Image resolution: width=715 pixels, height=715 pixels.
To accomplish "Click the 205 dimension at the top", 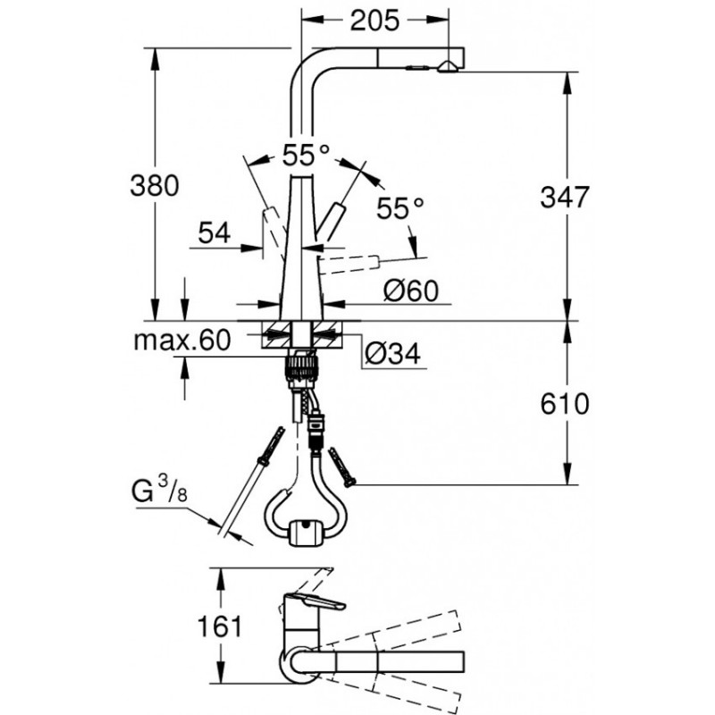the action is tap(374, 21).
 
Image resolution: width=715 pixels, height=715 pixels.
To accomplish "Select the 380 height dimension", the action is tap(155, 186).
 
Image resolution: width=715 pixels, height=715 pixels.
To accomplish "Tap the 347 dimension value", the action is tap(565, 198).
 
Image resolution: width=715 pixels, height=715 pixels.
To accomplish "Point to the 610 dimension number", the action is tap(565, 404).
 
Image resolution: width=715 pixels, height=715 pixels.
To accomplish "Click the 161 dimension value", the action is tap(220, 627).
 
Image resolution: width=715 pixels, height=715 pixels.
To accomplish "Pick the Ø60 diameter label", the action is tap(411, 290).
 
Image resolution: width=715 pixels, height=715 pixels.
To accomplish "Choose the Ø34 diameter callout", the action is tap(392, 353).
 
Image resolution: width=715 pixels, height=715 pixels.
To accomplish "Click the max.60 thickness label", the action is tap(182, 341).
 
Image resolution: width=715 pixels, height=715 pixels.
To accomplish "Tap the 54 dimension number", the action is tap(214, 233).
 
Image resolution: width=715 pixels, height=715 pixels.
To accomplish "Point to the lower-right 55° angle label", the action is tap(400, 208).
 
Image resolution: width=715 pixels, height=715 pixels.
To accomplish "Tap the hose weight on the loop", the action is tap(304, 532).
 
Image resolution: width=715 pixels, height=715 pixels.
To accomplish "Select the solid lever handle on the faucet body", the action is tap(332, 219).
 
